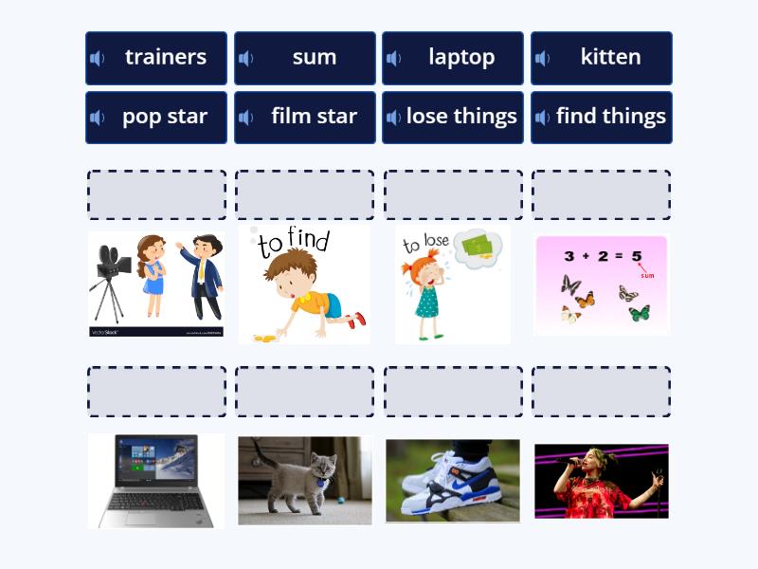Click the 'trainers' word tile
156,58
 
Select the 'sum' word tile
305,58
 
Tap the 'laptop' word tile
453,58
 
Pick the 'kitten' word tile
602,58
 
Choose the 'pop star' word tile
156,118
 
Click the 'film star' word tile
305,118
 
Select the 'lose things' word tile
453,118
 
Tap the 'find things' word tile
602,118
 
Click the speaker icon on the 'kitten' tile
543,58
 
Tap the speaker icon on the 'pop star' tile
98,118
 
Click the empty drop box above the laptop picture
156,392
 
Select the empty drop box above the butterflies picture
602,195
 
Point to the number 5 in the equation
636,256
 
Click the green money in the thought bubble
478,247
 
